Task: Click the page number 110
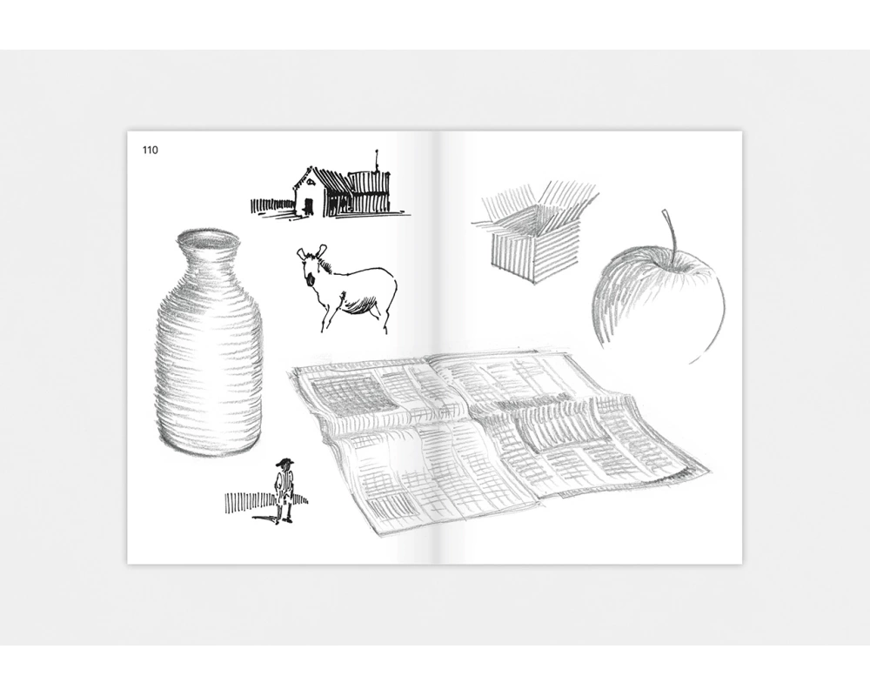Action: click(x=151, y=150)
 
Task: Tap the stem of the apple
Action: click(x=671, y=233)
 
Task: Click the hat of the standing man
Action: click(x=284, y=462)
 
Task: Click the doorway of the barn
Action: click(x=309, y=205)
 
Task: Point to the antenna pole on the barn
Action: click(x=378, y=160)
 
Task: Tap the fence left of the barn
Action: click(x=271, y=206)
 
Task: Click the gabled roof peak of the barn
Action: click(x=309, y=169)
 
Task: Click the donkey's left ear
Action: click(x=301, y=254)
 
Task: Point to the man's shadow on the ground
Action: click(x=265, y=519)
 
